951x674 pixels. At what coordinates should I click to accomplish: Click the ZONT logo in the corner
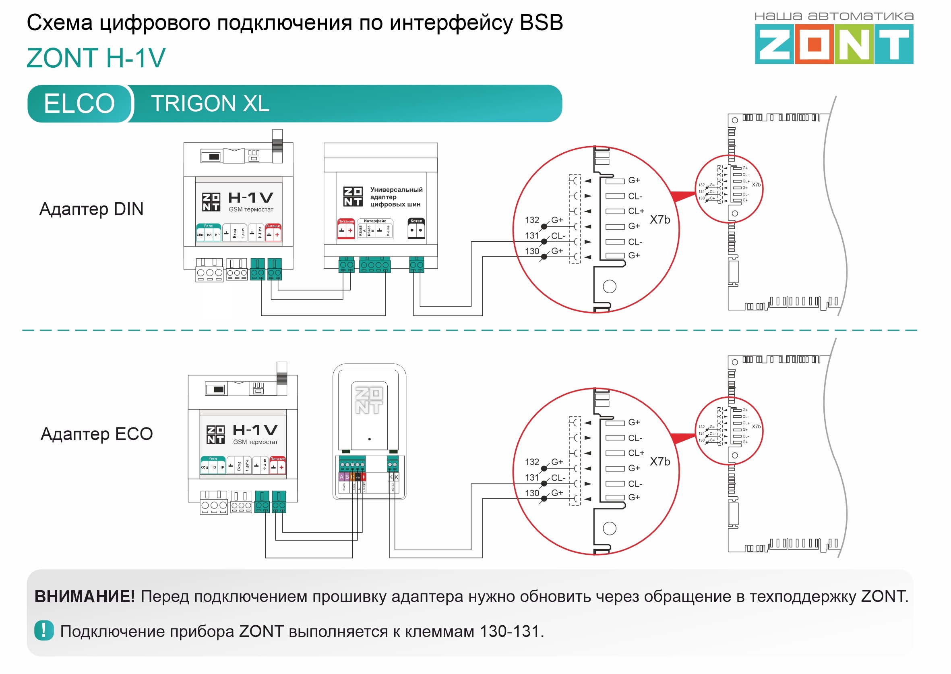[x=833, y=43]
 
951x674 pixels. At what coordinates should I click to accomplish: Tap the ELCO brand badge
[x=79, y=104]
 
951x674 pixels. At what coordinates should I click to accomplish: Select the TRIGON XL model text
[x=210, y=104]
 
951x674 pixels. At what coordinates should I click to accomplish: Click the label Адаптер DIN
[x=91, y=209]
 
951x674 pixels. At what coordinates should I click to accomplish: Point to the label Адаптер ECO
[x=97, y=434]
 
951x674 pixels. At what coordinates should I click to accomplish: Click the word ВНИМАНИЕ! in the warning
[x=85, y=596]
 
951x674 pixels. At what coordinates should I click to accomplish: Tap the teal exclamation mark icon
[x=44, y=630]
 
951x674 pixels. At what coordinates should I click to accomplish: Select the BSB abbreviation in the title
[x=541, y=23]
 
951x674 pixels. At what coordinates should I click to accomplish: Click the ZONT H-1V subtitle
[x=96, y=58]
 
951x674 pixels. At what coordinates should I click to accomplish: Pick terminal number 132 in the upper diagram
[x=532, y=220]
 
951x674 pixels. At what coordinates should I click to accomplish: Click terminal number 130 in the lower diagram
[x=532, y=493]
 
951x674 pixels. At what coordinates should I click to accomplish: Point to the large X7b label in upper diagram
[x=659, y=220]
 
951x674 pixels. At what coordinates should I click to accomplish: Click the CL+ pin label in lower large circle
[x=636, y=453]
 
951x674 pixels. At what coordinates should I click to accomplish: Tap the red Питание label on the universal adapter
[x=346, y=221]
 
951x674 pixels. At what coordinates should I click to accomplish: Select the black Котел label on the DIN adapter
[x=416, y=221]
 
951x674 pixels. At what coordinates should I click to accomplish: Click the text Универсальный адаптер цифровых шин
[x=396, y=197]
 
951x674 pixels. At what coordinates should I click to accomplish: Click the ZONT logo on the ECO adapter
[x=369, y=400]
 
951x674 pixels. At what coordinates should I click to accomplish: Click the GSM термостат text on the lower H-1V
[x=255, y=442]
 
